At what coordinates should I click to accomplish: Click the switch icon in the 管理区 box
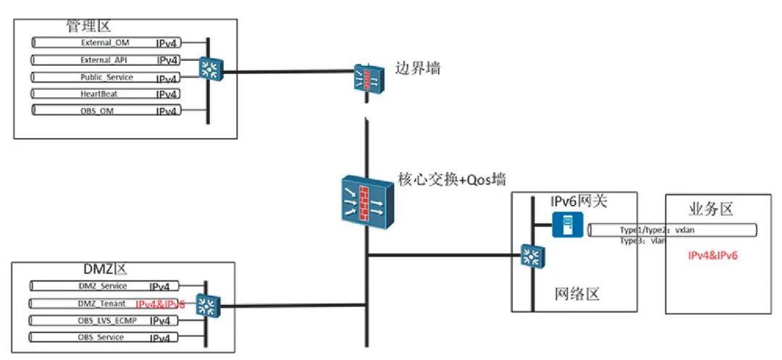(x=211, y=70)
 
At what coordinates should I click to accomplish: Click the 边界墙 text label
(x=418, y=69)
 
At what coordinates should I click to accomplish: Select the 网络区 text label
(x=579, y=294)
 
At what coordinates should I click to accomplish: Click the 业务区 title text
(x=712, y=210)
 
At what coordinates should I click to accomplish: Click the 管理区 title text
(x=89, y=27)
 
